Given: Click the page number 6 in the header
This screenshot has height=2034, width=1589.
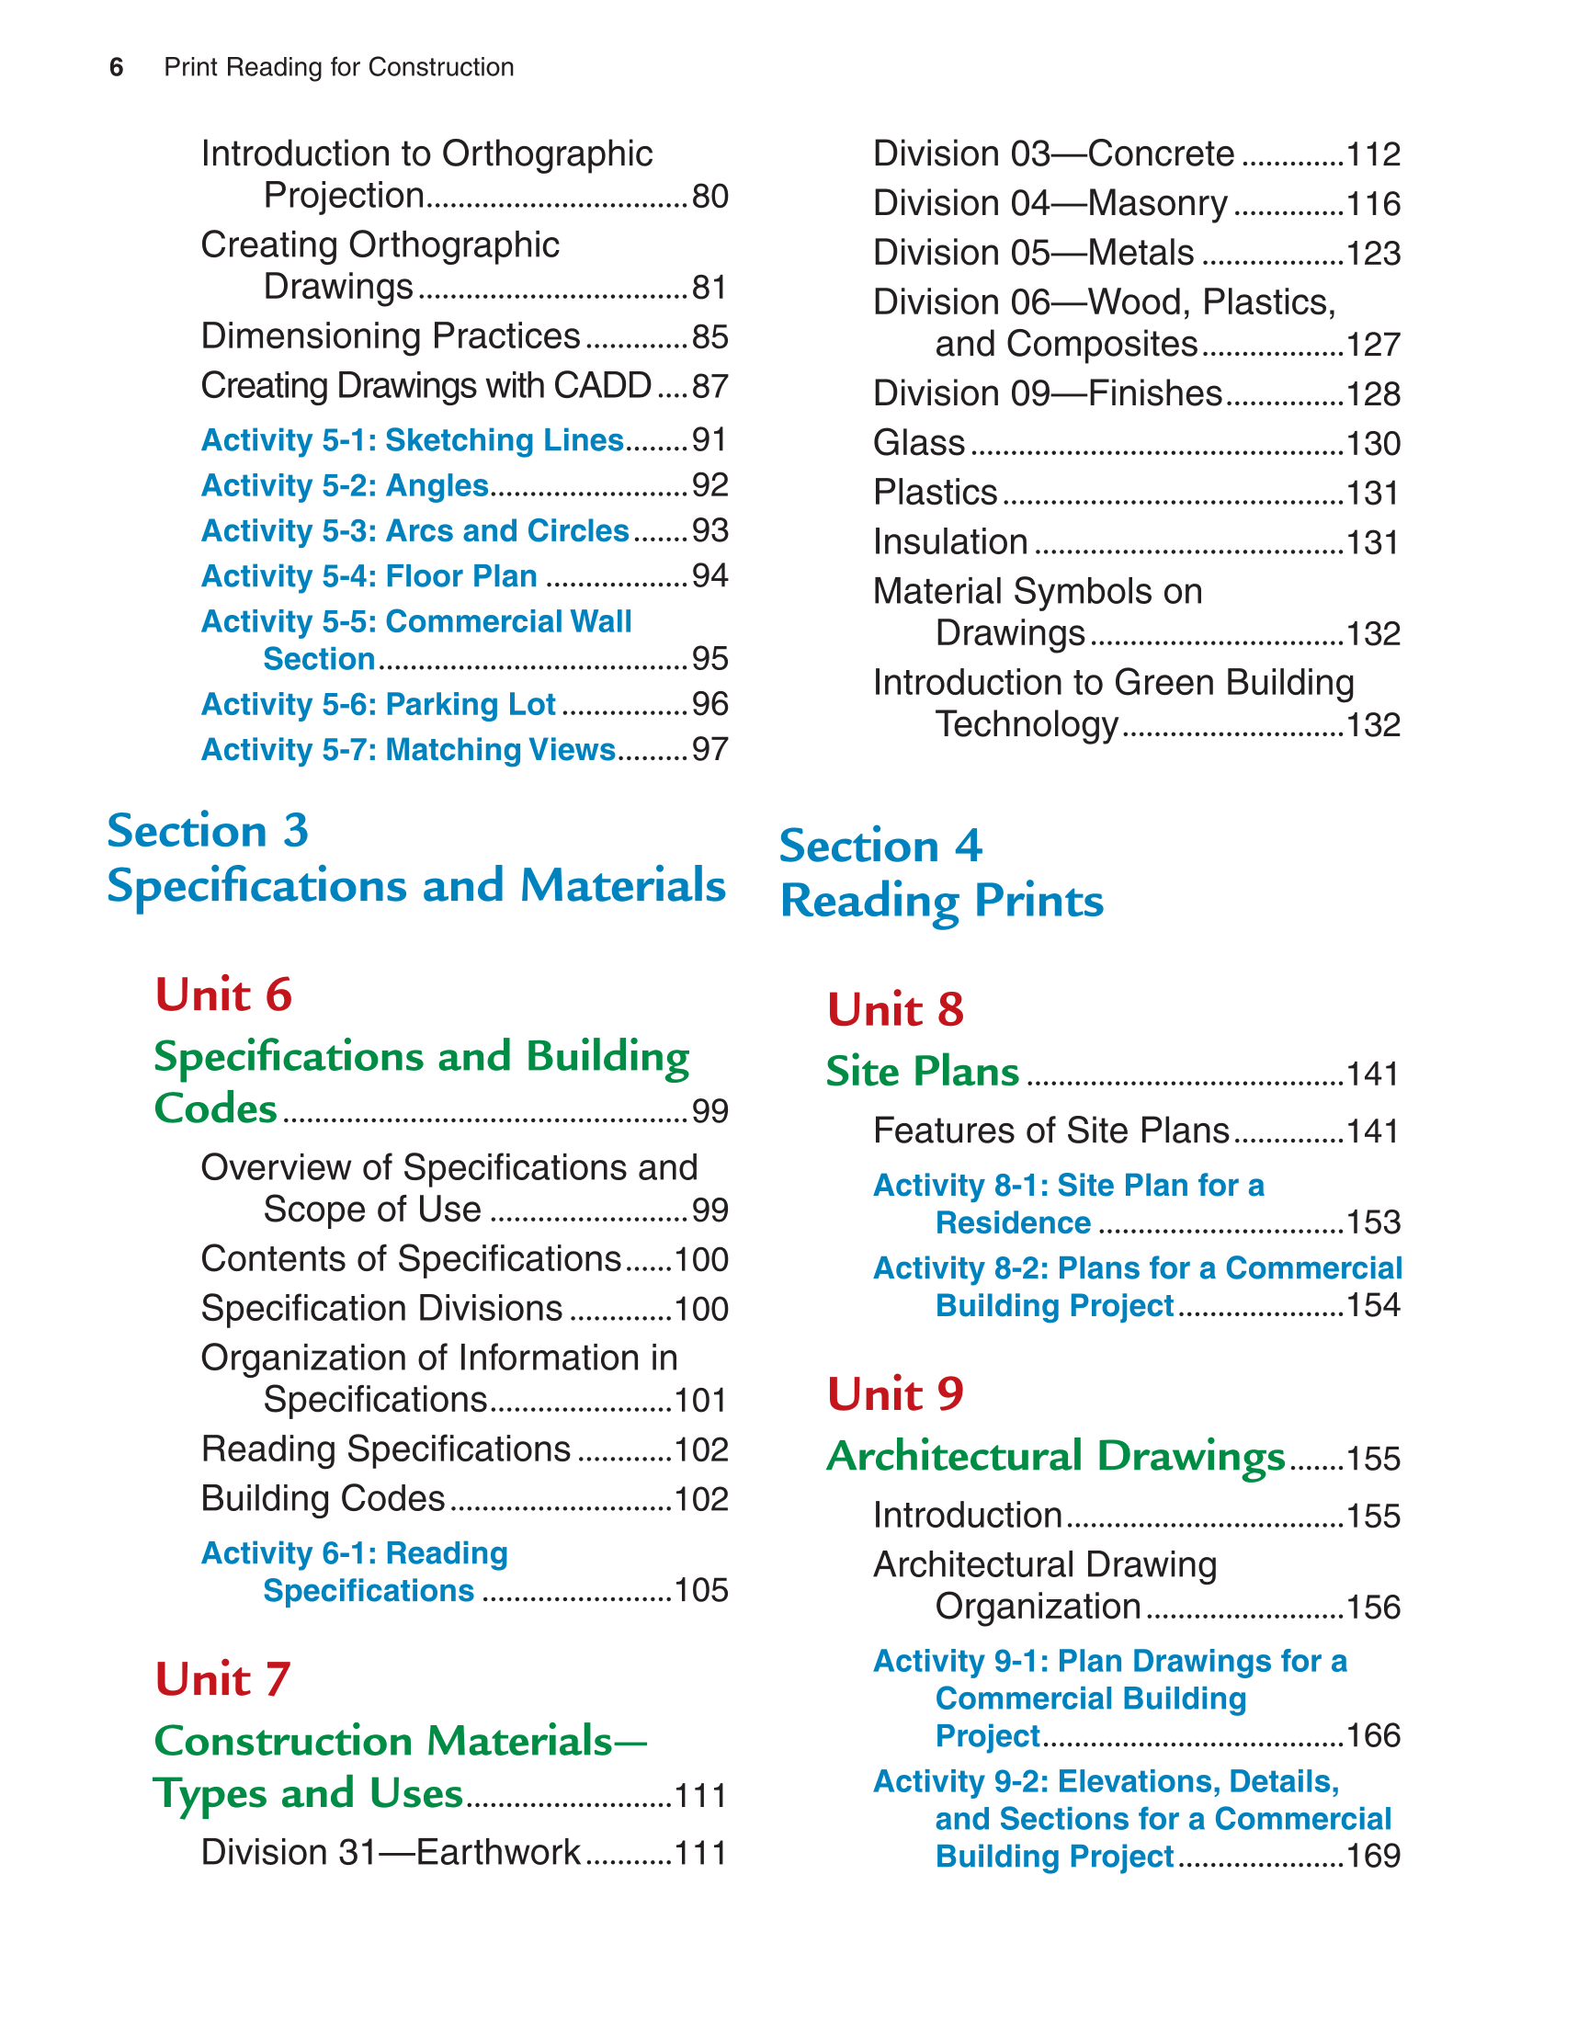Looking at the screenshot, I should point(117,67).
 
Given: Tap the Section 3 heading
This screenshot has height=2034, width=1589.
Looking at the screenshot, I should point(207,831).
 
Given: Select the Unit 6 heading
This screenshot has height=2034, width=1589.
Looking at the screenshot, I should point(223,994).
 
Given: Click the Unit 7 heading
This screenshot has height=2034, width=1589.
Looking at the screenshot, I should point(222,1679).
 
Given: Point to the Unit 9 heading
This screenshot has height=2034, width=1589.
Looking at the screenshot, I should point(895,1394).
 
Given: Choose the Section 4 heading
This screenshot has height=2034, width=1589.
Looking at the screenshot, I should point(880,847).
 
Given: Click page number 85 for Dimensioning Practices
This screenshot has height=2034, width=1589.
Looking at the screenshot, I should point(709,337).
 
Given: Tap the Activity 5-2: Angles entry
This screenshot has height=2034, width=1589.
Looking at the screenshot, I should point(345,485).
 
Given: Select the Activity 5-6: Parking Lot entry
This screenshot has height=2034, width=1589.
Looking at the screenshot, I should point(378,704).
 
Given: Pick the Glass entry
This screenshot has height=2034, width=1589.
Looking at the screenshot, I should point(918,443).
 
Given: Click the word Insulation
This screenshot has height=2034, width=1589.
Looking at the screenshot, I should point(950,542).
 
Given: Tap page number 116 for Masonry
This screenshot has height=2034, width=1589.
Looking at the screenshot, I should point(1373,204).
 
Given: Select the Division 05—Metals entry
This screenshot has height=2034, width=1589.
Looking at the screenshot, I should point(1033,254).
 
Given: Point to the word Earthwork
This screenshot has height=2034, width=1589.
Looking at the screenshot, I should point(498,1852).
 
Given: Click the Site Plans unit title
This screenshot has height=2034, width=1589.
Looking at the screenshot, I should point(922,1072).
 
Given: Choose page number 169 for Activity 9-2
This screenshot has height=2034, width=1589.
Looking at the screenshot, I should point(1373,1856).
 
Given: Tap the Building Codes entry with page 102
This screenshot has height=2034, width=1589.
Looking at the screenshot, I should point(323,1498).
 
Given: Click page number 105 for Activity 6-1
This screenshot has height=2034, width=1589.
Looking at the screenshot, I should point(700,1591).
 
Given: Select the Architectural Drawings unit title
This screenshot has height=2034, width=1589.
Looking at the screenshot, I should point(1055,1457).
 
